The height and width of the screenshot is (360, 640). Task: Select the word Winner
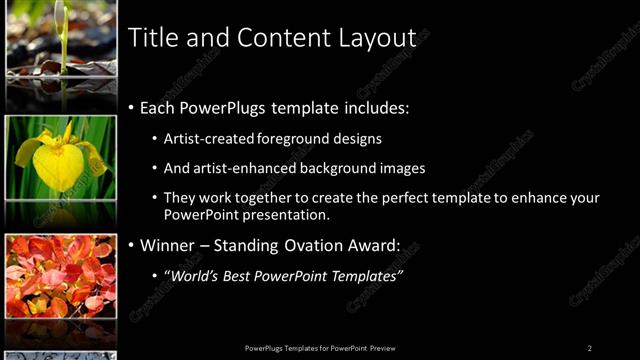(x=168, y=245)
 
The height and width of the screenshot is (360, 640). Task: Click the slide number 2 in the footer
(x=590, y=348)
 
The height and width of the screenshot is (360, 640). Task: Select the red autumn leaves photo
(x=60, y=276)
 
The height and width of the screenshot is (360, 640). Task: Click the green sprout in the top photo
(x=62, y=30)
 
